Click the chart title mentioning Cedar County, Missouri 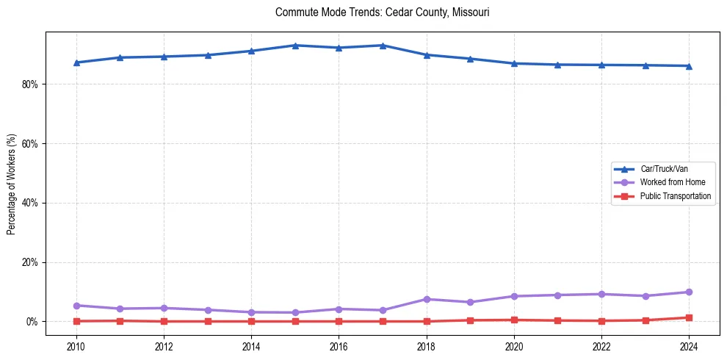382,12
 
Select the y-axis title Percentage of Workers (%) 11,184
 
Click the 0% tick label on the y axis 32,322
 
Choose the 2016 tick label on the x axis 339,346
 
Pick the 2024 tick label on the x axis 689,346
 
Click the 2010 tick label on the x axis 76,346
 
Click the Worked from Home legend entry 668,182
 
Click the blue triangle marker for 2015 295,46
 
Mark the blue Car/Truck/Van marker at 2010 76,62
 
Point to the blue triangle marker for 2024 689,66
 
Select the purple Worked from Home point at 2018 427,299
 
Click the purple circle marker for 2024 689,292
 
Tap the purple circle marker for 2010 76,306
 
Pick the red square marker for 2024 689,318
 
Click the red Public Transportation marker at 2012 164,321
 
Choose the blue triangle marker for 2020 514,63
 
